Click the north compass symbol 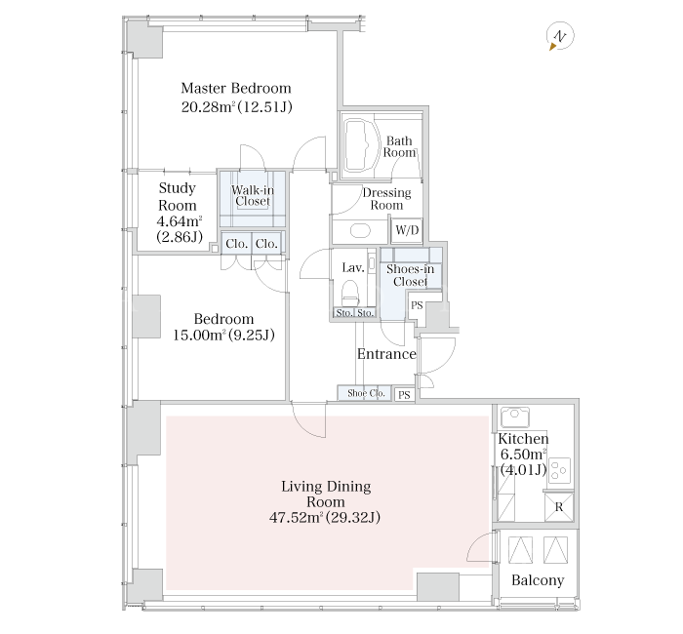[560, 36]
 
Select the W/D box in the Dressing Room [407, 230]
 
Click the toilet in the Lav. [350, 293]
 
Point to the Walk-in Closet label [253, 196]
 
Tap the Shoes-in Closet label [411, 275]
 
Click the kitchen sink [515, 416]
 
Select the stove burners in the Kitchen [560, 470]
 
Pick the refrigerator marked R [559, 507]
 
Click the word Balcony [538, 580]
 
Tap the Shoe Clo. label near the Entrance [366, 393]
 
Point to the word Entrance [386, 354]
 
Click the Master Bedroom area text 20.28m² [209, 106]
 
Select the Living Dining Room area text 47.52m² [297, 517]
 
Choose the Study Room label [178, 196]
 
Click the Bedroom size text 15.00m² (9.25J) [223, 335]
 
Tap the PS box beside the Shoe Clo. [404, 394]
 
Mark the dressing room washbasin [360, 230]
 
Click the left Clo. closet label [236, 244]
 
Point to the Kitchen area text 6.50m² [523, 455]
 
